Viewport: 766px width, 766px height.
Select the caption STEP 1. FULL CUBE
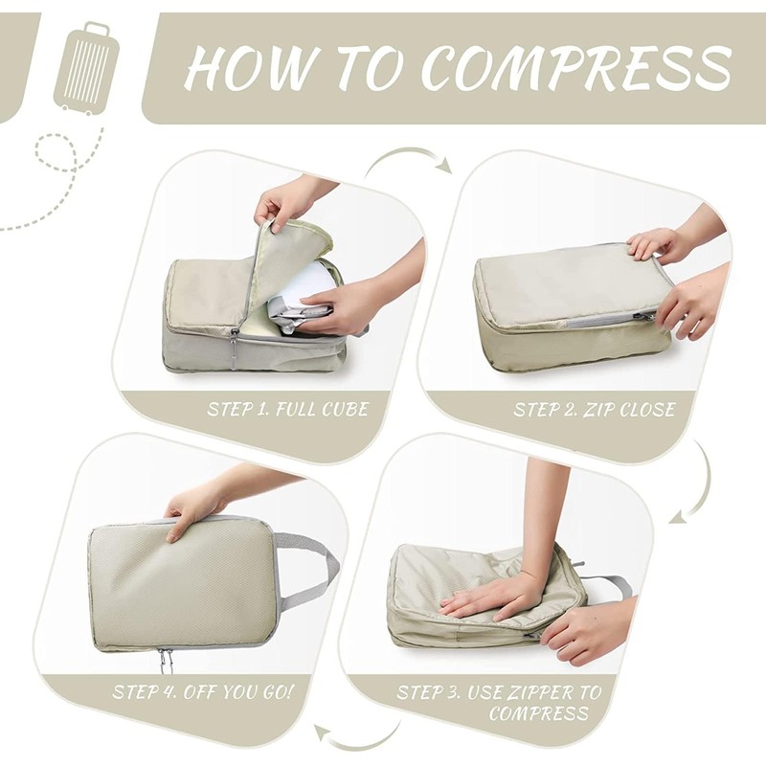(288, 410)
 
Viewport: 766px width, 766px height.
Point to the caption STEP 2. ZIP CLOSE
(594, 410)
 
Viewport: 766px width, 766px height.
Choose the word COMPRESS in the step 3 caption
(538, 713)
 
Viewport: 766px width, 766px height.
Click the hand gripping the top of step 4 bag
(195, 507)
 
